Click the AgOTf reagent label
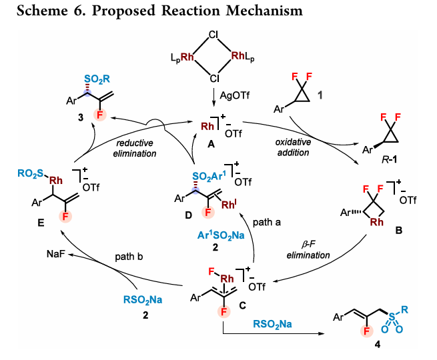click(234, 95)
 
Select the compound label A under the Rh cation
click(211, 144)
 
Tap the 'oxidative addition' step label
click(293, 147)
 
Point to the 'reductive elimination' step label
click(135, 148)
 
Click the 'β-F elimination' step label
click(308, 250)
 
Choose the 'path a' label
click(266, 222)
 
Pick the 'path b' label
click(129, 257)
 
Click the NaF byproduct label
click(56, 253)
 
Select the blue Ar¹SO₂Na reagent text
click(221, 235)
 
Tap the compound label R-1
click(390, 159)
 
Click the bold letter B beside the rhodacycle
click(399, 230)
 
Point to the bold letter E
click(41, 223)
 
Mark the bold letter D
click(188, 215)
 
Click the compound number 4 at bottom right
click(378, 345)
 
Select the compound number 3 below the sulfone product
click(81, 117)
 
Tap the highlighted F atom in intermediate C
click(224, 311)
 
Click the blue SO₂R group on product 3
click(97, 79)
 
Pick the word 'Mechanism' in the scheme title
click(264, 11)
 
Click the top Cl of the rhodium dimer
click(213, 35)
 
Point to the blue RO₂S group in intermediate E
click(31, 173)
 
